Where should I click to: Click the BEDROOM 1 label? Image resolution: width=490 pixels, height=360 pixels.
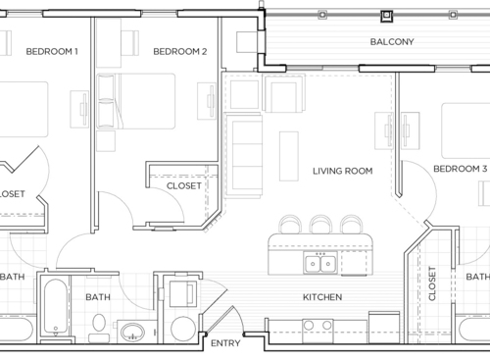pos(52,52)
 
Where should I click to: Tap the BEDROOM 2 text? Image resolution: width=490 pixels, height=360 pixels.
pos(179,52)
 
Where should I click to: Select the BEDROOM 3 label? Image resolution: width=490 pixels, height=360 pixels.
pos(460,169)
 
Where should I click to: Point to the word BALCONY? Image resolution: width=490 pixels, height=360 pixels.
pos(392,42)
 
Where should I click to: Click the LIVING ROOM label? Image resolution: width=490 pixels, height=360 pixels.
pos(342,171)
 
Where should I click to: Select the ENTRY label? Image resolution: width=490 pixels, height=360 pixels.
pos(224,342)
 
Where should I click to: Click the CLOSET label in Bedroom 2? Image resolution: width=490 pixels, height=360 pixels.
pos(184,184)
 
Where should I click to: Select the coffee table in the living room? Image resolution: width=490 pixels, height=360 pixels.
pos(288,155)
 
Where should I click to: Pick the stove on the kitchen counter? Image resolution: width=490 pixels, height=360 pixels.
pos(316,326)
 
